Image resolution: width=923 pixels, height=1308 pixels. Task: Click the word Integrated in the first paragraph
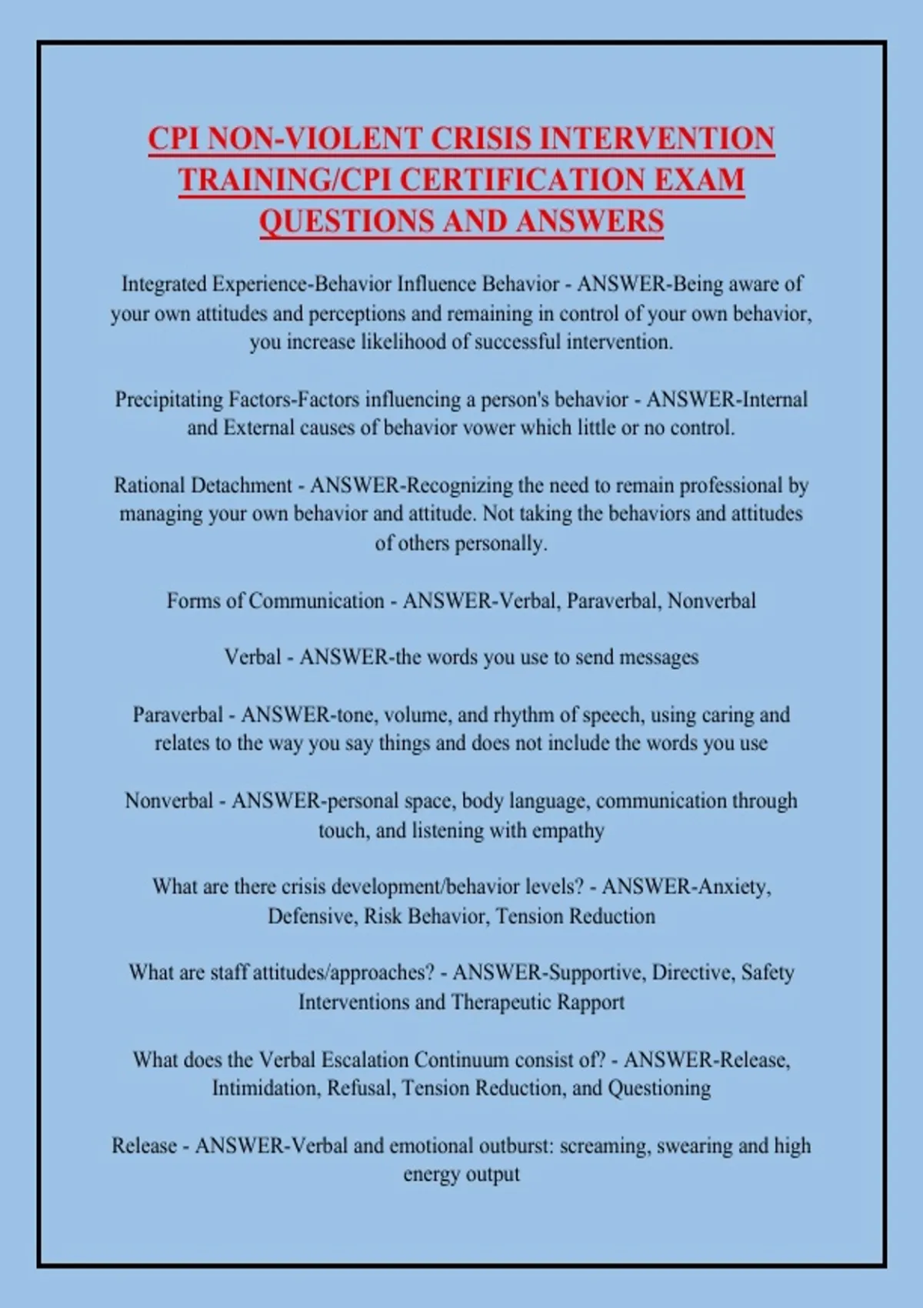pos(164,284)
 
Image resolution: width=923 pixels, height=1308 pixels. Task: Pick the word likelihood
pos(405,342)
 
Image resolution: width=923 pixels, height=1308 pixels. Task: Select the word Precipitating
pos(169,399)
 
